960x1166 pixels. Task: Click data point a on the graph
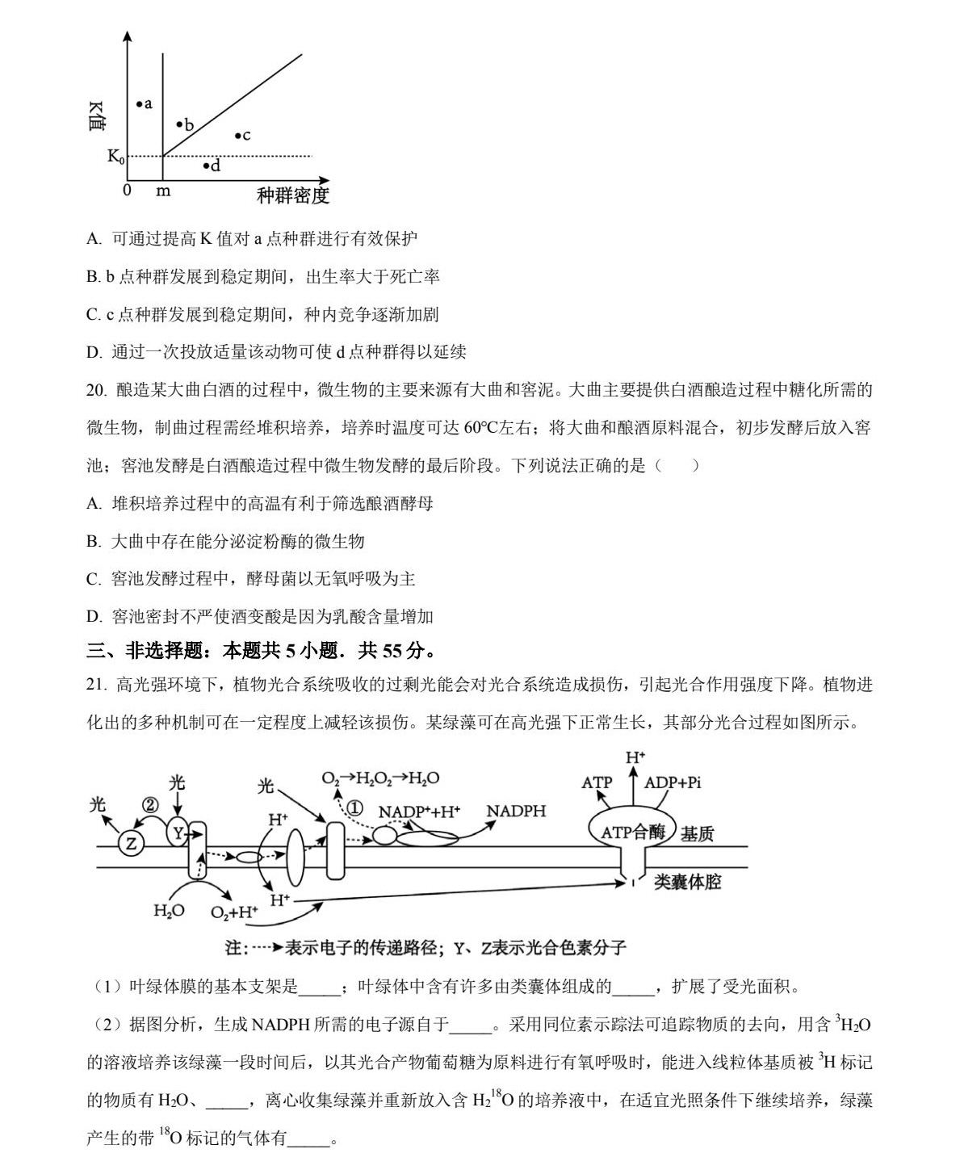click(139, 103)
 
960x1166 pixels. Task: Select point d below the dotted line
click(206, 166)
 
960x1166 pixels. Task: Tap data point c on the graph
click(237, 136)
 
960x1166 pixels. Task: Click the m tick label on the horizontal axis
click(163, 191)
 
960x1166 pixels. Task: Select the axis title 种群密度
click(292, 195)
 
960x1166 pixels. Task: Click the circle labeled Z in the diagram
click(131, 844)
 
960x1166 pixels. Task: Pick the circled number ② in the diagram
click(151, 805)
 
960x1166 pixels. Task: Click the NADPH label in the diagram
click(516, 811)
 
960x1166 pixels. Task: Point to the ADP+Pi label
click(673, 782)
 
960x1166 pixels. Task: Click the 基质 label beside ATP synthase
click(697, 833)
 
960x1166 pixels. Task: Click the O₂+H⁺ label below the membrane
click(234, 912)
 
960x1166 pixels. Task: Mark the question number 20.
click(96, 390)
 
